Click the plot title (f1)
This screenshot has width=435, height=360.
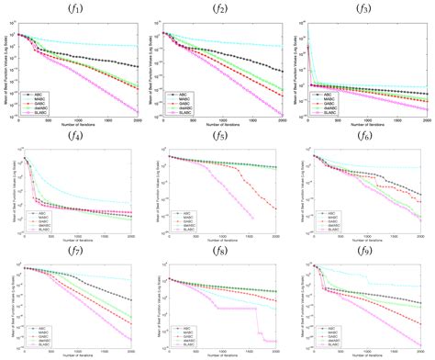[x=73, y=9]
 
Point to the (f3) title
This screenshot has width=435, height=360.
[x=364, y=9]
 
